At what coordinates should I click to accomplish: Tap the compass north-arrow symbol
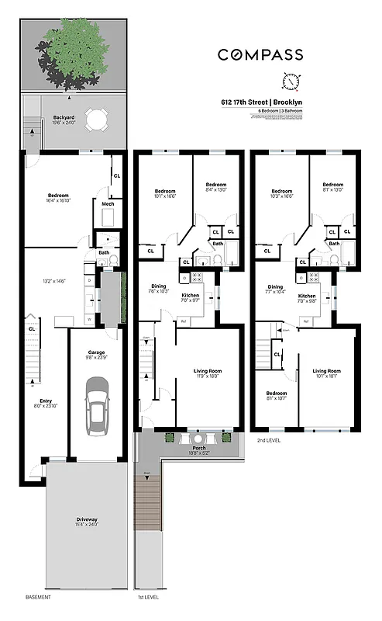coord(291,82)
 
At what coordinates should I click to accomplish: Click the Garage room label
coord(96,352)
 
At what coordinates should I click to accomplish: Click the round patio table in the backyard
coord(97,120)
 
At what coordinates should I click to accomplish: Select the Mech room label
coord(107,205)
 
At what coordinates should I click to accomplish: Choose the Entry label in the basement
coord(46,401)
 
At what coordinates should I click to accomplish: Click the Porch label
coord(188,448)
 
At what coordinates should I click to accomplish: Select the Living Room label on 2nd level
coord(326,371)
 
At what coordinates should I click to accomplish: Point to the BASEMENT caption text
coord(39,597)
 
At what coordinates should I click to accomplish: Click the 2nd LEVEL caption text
coord(270,440)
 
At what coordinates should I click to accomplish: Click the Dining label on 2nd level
coord(275,286)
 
